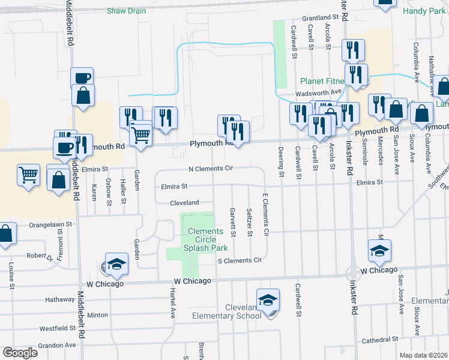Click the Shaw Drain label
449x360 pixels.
point(126,11)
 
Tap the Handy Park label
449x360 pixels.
point(424,11)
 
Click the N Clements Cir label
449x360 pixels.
point(210,169)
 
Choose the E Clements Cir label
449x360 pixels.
point(265,214)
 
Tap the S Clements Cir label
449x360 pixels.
point(240,260)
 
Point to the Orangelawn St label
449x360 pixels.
point(51,224)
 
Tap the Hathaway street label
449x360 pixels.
point(59,299)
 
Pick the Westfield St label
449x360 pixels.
point(57,329)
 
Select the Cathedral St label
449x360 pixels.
point(381,340)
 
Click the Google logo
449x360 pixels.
point(20,353)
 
